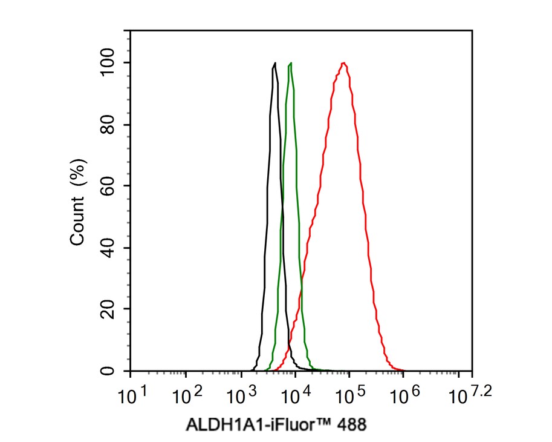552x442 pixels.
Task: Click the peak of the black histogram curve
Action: (x=275, y=63)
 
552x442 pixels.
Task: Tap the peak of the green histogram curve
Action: (x=291, y=63)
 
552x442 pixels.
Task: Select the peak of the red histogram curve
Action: (x=344, y=63)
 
